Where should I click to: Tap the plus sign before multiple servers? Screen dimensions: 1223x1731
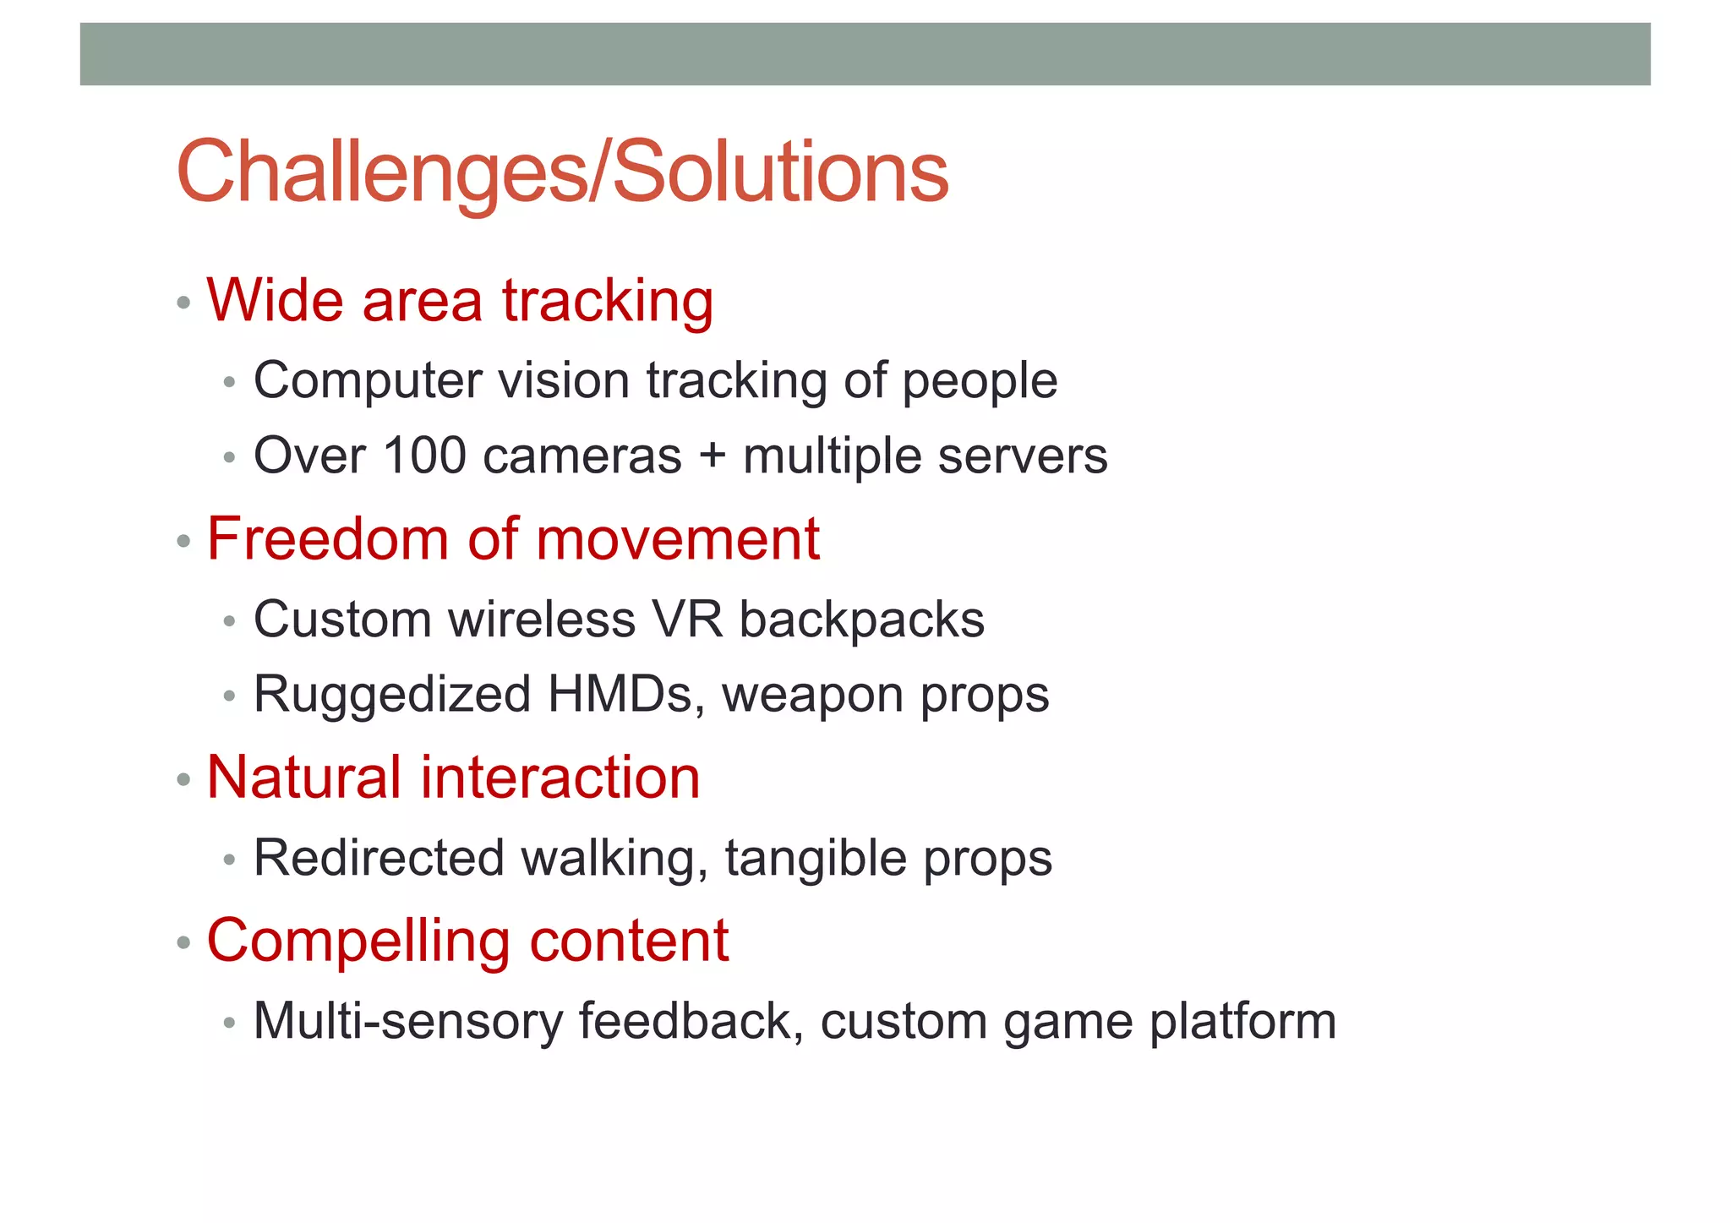[712, 456]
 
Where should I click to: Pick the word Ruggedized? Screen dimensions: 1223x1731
[392, 694]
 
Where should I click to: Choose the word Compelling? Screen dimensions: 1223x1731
[358, 942]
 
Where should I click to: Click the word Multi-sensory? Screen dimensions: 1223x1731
[407, 1021]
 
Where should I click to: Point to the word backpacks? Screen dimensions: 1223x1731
[861, 619]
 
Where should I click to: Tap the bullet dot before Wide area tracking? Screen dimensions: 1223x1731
[184, 303]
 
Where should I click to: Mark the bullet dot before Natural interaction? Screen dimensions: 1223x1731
[184, 779]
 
